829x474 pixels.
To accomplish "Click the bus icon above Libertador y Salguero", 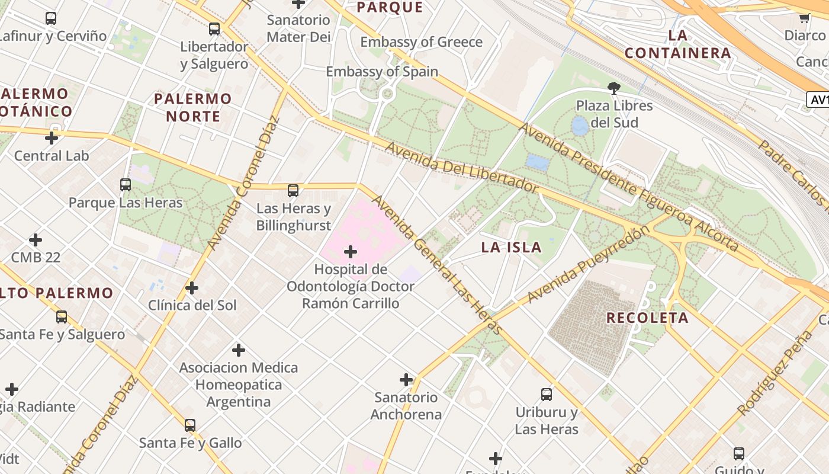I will (214, 28).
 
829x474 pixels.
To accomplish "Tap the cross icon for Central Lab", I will (52, 138).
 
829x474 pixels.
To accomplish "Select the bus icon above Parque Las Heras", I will (126, 185).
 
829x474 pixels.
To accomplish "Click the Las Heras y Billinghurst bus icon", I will (293, 191).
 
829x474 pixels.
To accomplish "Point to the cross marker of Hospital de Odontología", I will (351, 252).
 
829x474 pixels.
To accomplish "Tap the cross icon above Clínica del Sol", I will (192, 288).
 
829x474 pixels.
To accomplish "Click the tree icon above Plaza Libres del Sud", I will (614, 88).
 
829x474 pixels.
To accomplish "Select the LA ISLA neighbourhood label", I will (511, 248).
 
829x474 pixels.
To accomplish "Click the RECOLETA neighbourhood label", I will (647, 318).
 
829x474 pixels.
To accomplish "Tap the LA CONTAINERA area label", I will (678, 44).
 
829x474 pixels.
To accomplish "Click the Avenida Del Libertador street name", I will (462, 168).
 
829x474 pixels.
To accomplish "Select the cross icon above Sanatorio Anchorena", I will (406, 380).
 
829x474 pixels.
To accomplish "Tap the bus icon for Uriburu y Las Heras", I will (547, 395).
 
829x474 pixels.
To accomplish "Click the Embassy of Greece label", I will (421, 42).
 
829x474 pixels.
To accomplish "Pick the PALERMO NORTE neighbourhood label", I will (193, 107).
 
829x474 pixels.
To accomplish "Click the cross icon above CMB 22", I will (36, 240).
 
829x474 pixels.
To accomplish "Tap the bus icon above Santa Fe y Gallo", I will (190, 425).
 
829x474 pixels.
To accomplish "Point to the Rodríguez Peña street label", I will (775, 373).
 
